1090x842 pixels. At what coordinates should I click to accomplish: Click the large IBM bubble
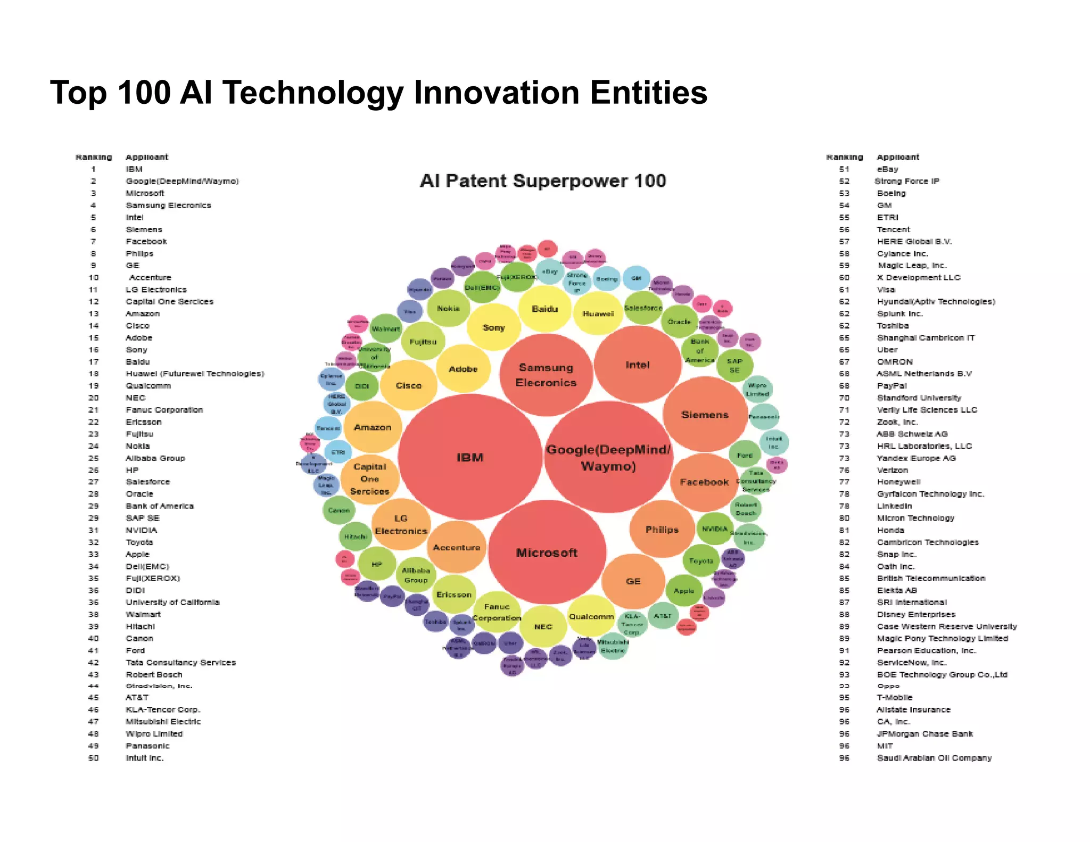(469, 457)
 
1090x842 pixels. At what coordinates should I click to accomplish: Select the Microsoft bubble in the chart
(547, 552)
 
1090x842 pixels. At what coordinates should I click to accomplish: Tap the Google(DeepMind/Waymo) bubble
(608, 458)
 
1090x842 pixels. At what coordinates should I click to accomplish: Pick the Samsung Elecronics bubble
(546, 375)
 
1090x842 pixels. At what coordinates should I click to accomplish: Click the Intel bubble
(637, 365)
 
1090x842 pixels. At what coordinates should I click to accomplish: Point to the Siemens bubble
(705, 415)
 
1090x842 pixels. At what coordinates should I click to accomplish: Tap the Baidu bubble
(544, 309)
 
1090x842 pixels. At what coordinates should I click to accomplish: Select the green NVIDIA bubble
(714, 529)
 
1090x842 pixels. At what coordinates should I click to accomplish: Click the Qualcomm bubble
(591, 616)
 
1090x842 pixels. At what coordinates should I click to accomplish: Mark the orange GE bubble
(633, 581)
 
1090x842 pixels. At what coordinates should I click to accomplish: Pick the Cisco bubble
(409, 385)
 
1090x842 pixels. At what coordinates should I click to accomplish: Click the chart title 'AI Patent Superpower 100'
(543, 181)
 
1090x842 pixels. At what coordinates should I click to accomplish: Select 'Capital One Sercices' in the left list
(169, 302)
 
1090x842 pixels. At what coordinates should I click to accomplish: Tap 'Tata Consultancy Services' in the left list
(180, 663)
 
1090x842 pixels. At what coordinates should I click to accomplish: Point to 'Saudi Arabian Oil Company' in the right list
(934, 758)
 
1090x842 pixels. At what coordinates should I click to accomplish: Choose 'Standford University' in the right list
(919, 398)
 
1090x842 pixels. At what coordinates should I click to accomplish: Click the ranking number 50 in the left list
(94, 758)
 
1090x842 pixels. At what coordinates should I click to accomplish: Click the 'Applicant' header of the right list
(898, 157)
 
